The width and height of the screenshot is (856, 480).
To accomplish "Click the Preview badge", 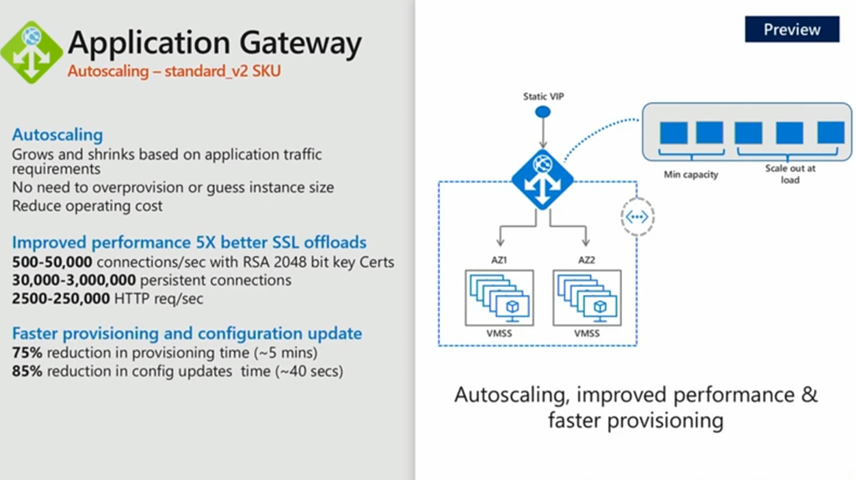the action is click(792, 29).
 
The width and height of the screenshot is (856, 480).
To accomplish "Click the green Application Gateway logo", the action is click(31, 53).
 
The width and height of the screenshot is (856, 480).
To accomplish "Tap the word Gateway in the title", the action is click(300, 43).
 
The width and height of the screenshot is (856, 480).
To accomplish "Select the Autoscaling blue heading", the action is click(58, 135).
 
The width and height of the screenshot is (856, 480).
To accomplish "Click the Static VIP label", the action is click(543, 97).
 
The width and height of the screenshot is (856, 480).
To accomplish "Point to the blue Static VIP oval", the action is click(543, 112).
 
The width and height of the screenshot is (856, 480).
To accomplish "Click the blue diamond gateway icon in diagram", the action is click(542, 180).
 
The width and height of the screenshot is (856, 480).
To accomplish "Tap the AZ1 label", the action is click(499, 260).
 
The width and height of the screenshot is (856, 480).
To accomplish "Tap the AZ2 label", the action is click(586, 260).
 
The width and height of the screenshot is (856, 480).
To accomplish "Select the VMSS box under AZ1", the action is click(500, 298).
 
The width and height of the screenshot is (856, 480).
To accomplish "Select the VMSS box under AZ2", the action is click(587, 298).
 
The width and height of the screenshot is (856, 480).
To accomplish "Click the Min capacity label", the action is click(690, 175).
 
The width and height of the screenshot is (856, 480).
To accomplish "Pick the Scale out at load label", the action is click(790, 174).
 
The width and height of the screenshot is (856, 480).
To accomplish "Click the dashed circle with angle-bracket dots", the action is click(637, 217).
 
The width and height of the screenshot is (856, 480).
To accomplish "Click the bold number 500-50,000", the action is click(52, 262).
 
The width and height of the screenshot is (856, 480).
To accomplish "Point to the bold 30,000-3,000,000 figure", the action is click(74, 280).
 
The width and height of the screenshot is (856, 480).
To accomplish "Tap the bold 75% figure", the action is click(27, 353).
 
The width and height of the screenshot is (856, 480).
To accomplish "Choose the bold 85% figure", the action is click(27, 371).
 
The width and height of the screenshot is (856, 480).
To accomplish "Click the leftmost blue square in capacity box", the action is click(674, 133).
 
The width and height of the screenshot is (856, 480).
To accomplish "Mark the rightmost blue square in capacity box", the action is click(831, 133).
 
